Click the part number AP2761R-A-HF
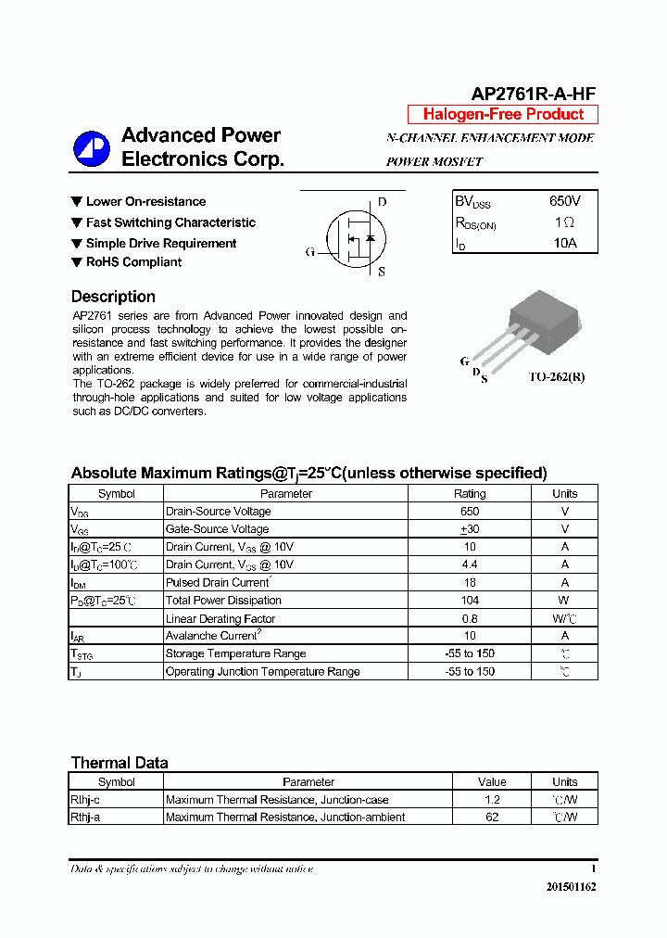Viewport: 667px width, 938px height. click(533, 94)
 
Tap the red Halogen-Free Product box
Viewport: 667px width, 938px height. click(503, 114)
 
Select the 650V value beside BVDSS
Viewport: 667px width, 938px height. click(564, 201)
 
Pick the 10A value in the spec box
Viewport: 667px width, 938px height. click(564, 243)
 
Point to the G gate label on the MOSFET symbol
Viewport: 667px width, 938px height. click(310, 251)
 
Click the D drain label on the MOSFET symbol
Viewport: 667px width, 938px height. click(382, 202)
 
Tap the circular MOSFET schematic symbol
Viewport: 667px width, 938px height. click(353, 237)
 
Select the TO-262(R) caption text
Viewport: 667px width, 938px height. click(556, 377)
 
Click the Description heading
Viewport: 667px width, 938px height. click(113, 297)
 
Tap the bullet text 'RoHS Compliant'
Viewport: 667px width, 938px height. click(133, 262)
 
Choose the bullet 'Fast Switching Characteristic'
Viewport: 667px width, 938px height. click(170, 222)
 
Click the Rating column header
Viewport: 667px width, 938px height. click(469, 494)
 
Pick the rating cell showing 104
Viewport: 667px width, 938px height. click(469, 601)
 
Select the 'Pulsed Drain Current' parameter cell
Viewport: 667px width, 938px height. click(218, 583)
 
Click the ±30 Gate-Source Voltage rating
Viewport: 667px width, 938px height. click(469, 529)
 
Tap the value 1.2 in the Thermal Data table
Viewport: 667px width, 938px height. click(492, 800)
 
